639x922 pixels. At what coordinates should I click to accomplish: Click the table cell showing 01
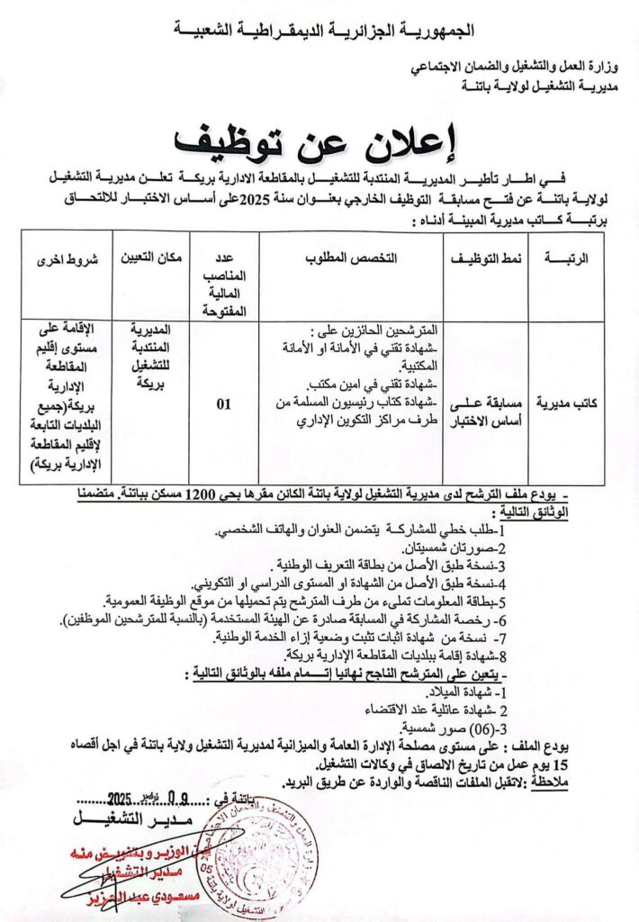pyautogui.click(x=224, y=404)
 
